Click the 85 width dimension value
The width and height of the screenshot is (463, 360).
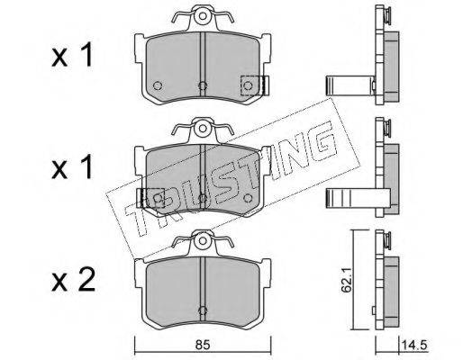click(203, 345)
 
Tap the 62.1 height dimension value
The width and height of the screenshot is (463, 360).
click(347, 283)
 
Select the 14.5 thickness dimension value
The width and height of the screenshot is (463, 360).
click(415, 345)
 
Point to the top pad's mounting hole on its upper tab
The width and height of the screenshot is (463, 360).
click(204, 15)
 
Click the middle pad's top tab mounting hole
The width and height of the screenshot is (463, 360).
click(204, 128)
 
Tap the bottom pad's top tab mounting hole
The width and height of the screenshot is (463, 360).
click(204, 240)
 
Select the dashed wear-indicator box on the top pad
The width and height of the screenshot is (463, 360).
click(250, 85)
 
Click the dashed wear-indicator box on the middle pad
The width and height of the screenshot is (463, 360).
click(154, 198)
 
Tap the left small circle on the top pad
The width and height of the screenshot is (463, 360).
click(157, 85)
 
